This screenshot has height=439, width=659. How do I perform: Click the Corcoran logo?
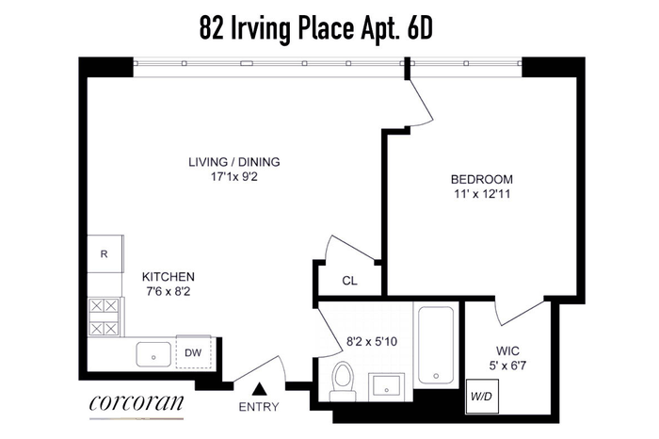pos(137,403)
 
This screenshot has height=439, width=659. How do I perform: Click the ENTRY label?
pos(259,407)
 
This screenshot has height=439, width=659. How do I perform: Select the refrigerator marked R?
pos(105,253)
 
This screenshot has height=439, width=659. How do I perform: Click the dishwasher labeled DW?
pos(193,352)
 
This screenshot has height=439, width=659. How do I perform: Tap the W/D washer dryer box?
pos(482,396)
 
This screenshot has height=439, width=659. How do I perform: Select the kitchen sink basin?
pos(153,354)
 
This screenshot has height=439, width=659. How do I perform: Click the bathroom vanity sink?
pos(387,387)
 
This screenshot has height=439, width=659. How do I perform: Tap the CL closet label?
pos(349,281)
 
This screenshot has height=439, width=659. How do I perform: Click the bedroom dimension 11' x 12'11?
pos(482,194)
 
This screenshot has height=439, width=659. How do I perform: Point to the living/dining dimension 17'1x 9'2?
pos(234,177)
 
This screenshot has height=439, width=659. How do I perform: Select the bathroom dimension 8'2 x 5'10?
pos(372,342)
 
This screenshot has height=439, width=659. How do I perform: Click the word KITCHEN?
pos(169,277)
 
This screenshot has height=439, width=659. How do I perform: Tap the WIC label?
pos(507,350)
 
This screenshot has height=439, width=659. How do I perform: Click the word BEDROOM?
pos(482,180)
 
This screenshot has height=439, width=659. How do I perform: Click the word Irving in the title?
pos(262,30)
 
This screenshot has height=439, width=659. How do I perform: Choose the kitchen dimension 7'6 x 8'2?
pos(169,291)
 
